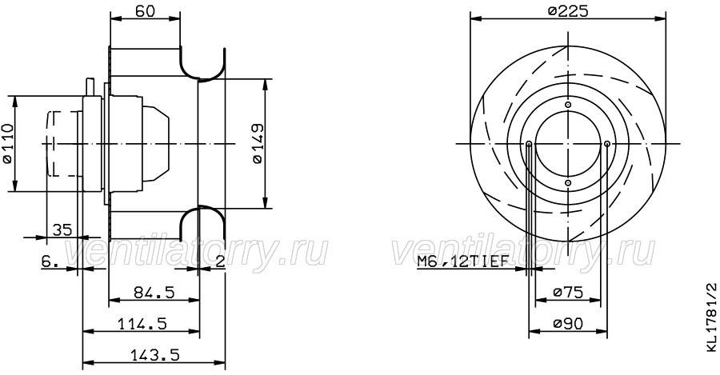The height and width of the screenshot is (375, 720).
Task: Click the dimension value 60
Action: click(145, 10)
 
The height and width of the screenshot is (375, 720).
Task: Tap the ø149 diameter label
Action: click(257, 143)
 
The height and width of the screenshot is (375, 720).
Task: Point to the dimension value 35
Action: click(62, 229)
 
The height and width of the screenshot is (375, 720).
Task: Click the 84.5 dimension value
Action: click(154, 292)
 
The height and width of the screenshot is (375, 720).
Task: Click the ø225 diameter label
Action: click(568, 10)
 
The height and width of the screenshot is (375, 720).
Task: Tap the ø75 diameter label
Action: click(567, 292)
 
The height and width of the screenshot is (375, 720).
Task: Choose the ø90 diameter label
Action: click(567, 324)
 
